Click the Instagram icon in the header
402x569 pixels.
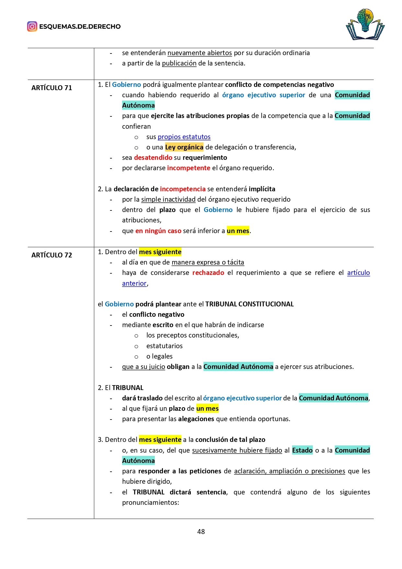32,26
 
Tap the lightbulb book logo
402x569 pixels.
365,25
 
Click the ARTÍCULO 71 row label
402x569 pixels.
52,88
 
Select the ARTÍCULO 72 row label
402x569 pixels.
52,255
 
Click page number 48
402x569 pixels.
201,531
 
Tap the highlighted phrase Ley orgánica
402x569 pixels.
184,147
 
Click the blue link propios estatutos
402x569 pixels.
184,137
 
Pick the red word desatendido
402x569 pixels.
153,158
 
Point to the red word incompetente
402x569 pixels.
189,168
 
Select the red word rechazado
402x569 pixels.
208,273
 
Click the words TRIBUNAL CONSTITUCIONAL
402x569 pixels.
249,304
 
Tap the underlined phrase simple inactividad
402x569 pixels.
168,199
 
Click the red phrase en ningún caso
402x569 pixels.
158,231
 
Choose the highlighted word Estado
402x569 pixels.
302,450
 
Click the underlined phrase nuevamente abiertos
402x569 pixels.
200,53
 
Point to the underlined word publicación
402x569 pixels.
179,63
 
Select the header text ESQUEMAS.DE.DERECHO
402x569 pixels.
80,27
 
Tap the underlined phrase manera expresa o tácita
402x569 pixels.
208,262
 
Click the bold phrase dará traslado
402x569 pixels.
142,398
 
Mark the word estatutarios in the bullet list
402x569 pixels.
164,346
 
